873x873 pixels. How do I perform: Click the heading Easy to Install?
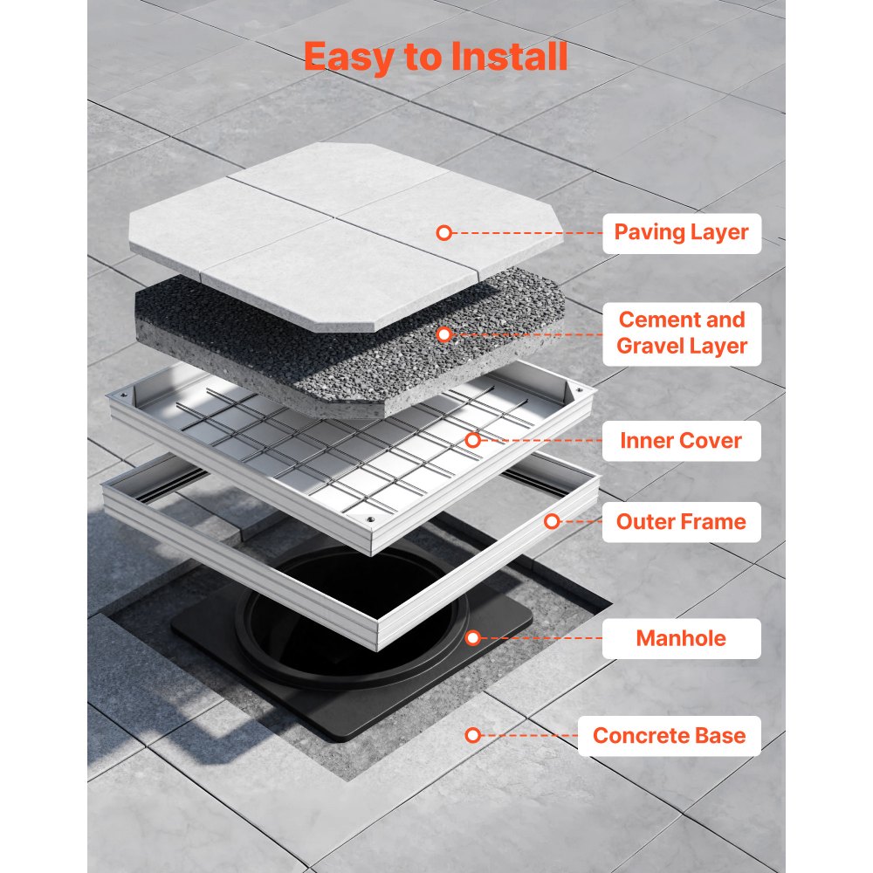point(436,56)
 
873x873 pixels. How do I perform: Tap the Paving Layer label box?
point(681,232)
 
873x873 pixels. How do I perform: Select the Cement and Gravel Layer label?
point(681,333)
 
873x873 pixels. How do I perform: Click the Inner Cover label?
point(681,441)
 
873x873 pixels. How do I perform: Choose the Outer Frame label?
point(681,522)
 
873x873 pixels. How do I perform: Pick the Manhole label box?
point(681,638)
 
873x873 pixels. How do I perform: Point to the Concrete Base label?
point(669,735)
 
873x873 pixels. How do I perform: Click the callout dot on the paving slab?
point(443,233)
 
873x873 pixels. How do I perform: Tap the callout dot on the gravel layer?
point(443,333)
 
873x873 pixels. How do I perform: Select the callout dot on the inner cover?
point(472,441)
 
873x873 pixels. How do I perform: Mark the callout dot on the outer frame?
point(552,522)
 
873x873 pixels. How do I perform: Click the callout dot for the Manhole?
point(472,638)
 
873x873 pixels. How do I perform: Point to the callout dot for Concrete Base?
point(472,735)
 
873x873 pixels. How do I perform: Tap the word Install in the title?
point(510,56)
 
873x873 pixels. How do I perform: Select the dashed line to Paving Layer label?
point(524,233)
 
